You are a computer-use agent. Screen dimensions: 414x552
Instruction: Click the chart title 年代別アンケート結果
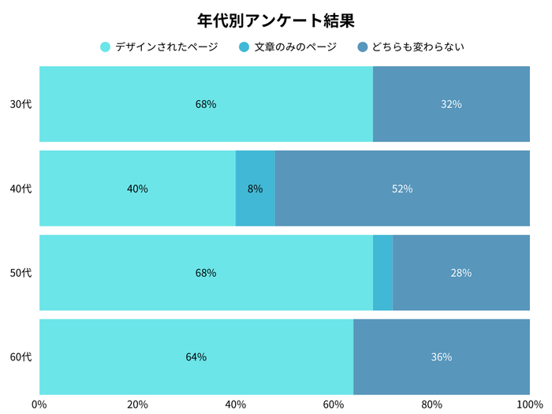276,20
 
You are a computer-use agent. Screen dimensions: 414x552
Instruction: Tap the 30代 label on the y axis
21,104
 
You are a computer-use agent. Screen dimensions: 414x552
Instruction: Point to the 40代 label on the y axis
21,188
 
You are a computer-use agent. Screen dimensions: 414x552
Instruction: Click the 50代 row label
21,273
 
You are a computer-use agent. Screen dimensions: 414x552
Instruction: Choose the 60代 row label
21,357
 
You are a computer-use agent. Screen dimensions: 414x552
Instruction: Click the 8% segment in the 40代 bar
255,188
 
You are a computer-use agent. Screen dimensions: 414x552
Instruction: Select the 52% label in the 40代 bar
402,188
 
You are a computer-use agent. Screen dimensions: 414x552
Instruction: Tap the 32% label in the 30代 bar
451,104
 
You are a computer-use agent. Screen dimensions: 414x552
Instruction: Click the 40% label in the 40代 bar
137,188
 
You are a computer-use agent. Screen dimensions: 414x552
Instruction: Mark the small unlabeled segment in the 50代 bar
382,273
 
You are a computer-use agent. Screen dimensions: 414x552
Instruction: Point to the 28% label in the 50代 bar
461,273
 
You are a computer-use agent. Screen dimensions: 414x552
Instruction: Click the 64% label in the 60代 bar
196,357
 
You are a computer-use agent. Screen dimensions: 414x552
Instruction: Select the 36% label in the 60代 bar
442,357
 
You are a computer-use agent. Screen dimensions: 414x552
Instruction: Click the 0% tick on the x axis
39,405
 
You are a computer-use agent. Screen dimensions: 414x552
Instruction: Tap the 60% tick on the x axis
334,405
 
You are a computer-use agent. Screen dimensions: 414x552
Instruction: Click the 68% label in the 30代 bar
206,104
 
